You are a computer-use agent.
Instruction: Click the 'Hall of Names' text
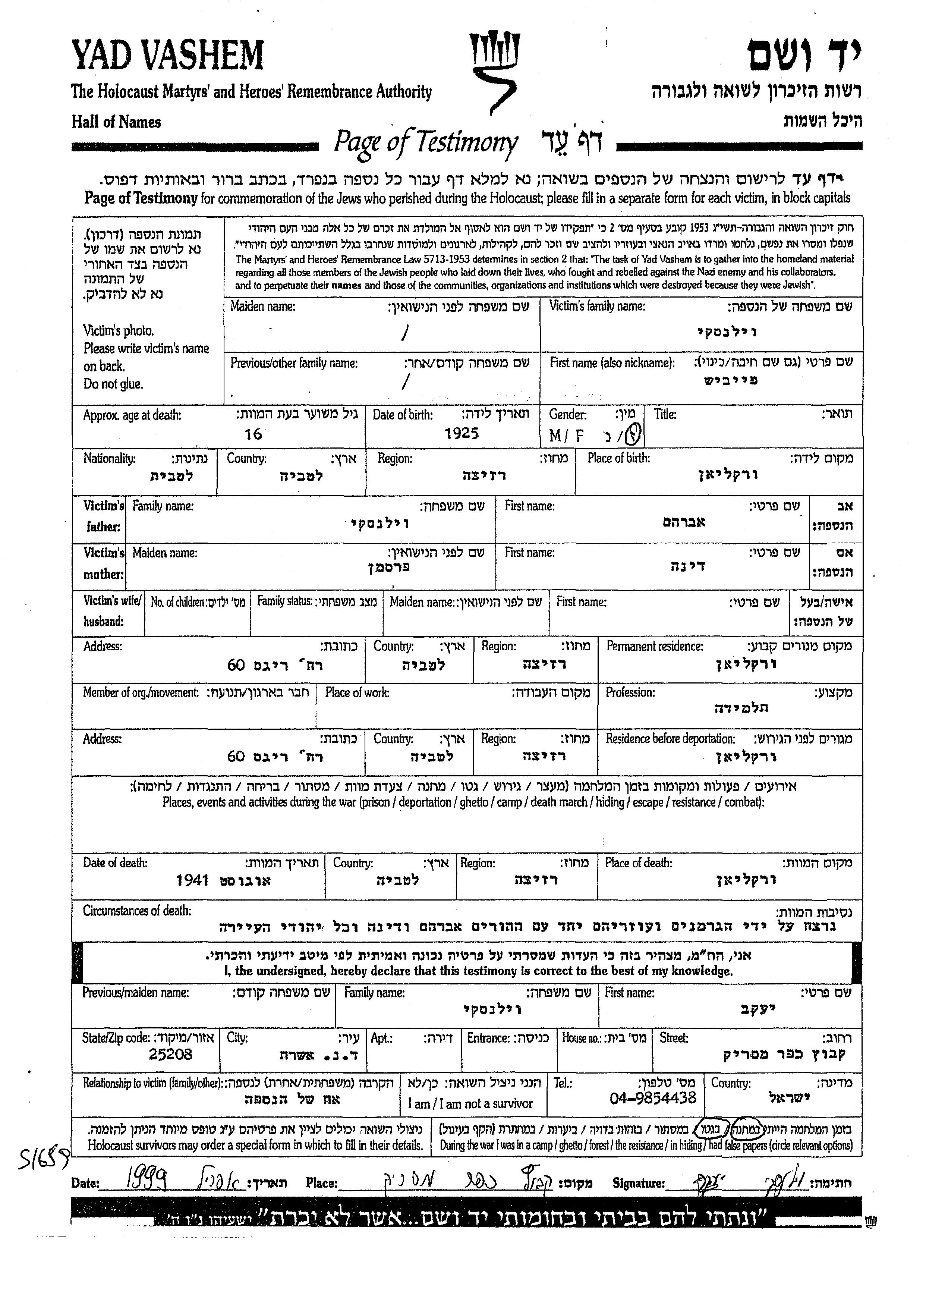pyautogui.click(x=116, y=122)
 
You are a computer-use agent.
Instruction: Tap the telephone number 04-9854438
pyautogui.click(x=652, y=1097)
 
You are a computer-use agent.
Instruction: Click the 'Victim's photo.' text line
pyautogui.click(x=119, y=331)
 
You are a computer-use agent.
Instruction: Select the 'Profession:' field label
pyautogui.click(x=630, y=692)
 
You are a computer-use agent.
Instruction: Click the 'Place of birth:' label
pyautogui.click(x=619, y=458)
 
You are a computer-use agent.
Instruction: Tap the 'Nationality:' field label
pyautogui.click(x=110, y=459)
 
